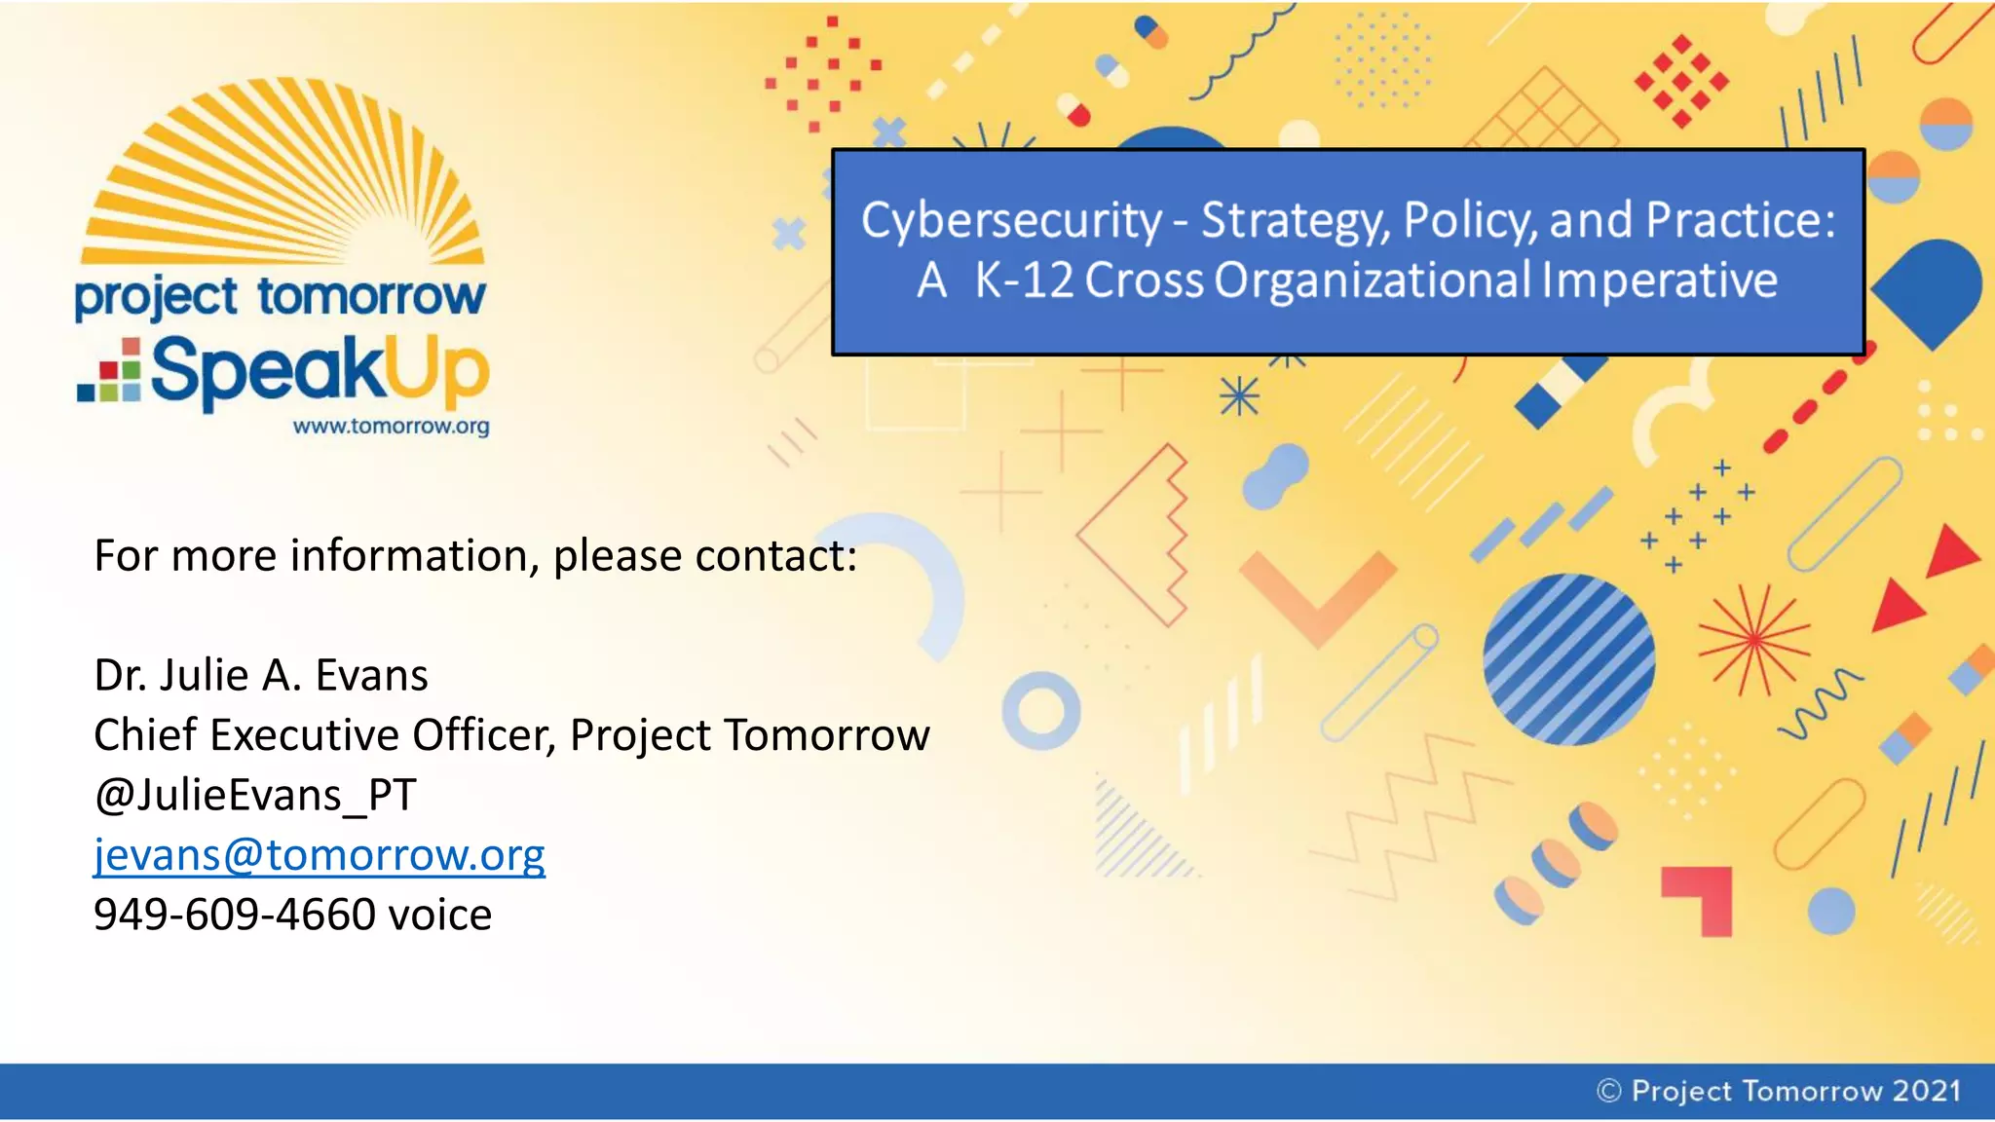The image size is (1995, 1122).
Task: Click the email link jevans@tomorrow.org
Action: pyautogui.click(x=319, y=855)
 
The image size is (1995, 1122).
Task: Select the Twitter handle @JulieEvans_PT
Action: pyautogui.click(x=254, y=796)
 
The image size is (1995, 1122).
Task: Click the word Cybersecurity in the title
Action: pyautogui.click(x=1010, y=221)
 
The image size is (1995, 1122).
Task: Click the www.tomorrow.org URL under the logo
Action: pyautogui.click(x=391, y=427)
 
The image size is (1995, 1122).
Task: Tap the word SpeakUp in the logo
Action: pyautogui.click(x=319, y=371)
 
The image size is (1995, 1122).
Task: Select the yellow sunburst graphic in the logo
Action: pyautogui.click(x=282, y=175)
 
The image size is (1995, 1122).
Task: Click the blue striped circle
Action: pyautogui.click(x=1568, y=659)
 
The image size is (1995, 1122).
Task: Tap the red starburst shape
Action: pyautogui.click(x=1753, y=640)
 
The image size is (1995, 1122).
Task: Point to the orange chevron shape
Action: pyautogui.click(x=1318, y=594)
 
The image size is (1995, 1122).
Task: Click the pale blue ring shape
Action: pyautogui.click(x=1041, y=712)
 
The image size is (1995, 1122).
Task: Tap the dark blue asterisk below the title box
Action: pyautogui.click(x=1239, y=396)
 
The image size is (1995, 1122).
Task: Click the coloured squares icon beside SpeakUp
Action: pyautogui.click(x=110, y=371)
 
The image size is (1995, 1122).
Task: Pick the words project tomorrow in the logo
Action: pyautogui.click(x=280, y=297)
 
